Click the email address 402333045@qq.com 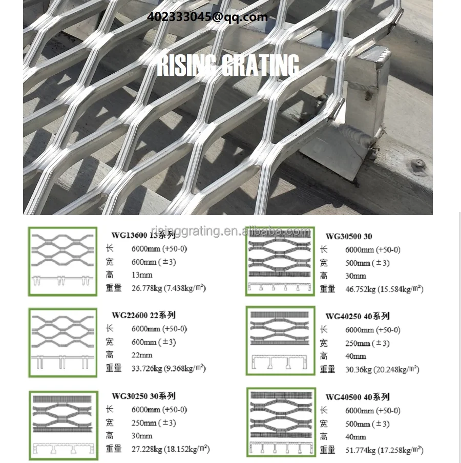tap(207, 17)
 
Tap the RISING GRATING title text tap(227, 66)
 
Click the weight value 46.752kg tap(361, 289)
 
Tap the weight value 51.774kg tap(361, 450)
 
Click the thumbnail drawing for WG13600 tap(62, 261)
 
